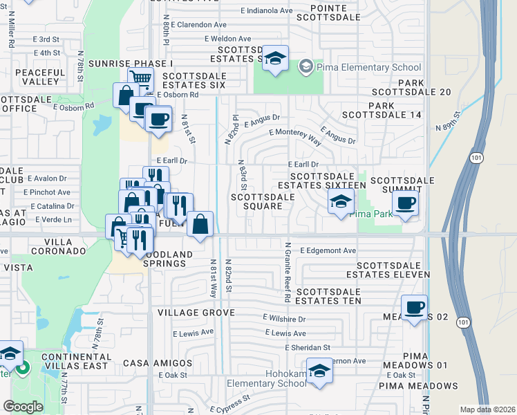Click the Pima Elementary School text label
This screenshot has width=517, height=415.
369,67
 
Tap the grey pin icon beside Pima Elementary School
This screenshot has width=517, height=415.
305,67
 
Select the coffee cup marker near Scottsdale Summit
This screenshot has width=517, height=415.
405,203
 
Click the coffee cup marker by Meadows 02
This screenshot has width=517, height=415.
414,307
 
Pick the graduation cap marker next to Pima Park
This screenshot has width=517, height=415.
341,201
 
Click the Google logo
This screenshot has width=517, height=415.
23,407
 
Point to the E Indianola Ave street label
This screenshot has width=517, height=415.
267,11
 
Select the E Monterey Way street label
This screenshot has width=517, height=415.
296,136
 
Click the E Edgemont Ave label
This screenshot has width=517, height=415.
328,250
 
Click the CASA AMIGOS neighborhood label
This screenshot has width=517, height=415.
158,363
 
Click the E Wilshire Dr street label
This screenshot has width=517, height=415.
283,319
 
